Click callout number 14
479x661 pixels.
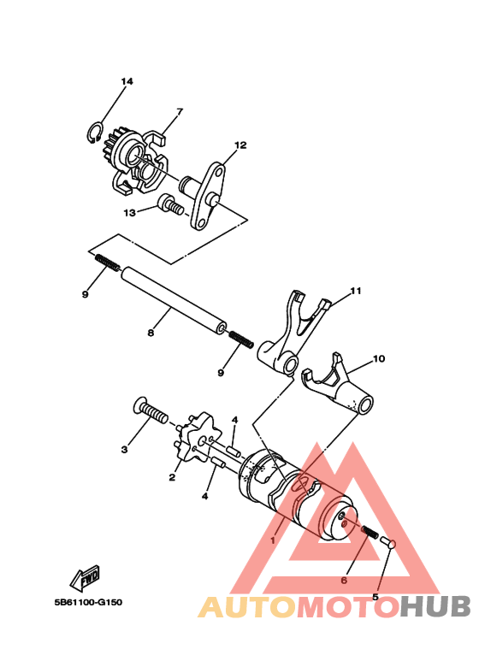pos(127,82)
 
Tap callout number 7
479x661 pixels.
pos(180,111)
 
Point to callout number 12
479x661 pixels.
pos(240,145)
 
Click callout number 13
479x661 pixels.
pos(129,212)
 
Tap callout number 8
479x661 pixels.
pos(151,333)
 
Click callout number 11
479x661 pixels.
pos(355,292)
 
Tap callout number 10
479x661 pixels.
pos(379,360)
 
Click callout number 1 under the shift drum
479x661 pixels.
pos(273,540)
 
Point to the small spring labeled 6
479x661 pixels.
pos(370,534)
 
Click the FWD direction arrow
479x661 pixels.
pos(86,581)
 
